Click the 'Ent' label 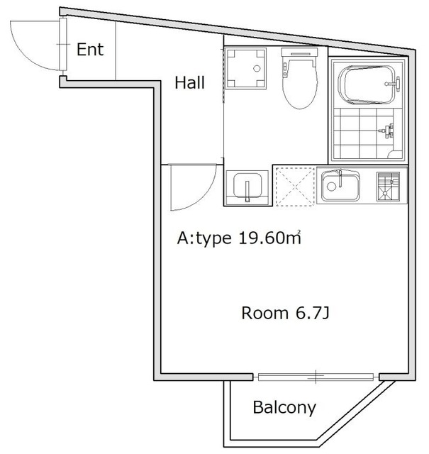point(90,50)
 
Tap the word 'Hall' point(189,83)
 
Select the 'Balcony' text point(284,408)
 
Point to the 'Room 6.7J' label point(284,313)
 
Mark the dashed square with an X point(294,186)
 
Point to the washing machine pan point(245,70)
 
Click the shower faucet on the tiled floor point(386,131)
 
